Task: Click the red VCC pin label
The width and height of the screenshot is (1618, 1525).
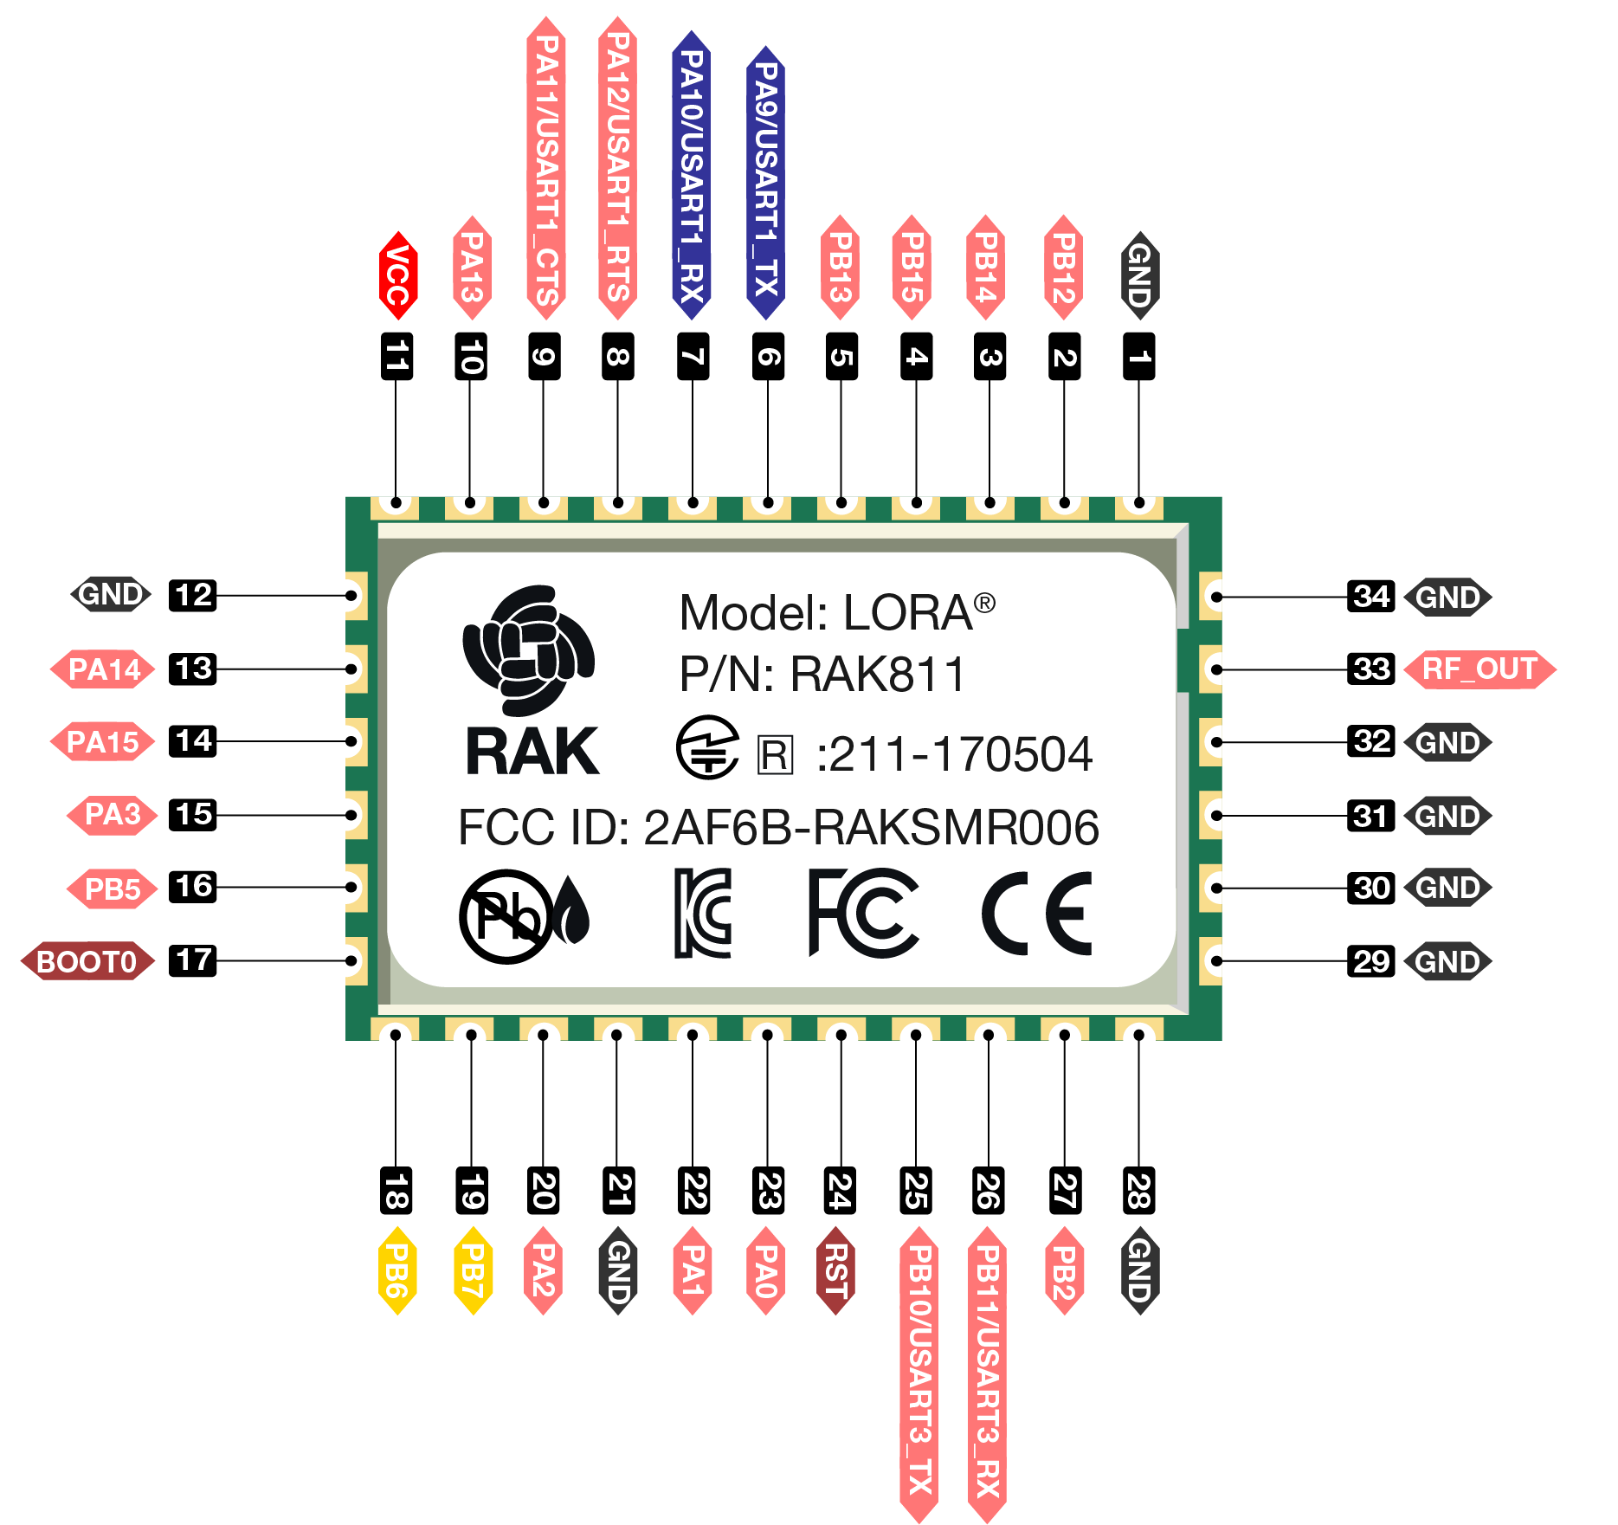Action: pos(398,275)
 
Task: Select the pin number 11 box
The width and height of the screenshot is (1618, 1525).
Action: pos(396,356)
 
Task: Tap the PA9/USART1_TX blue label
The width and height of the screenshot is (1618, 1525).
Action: pos(766,182)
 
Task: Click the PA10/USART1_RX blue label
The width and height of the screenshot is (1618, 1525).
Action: pos(692,173)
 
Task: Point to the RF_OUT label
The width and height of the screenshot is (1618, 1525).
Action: pos(1479,669)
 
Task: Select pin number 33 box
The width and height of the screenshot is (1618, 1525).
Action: pos(1371,669)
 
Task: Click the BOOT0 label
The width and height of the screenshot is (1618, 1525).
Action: pos(87,961)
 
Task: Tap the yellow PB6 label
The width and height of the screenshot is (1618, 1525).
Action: pos(397,1270)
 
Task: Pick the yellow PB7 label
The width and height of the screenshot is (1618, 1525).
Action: pos(473,1270)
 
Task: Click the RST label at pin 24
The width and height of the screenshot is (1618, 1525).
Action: pos(836,1270)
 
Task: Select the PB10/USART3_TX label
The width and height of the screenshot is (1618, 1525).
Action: pos(919,1373)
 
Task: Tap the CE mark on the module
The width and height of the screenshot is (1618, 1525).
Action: pos(1037,914)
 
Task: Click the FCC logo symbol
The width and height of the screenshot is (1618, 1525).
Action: pos(862,913)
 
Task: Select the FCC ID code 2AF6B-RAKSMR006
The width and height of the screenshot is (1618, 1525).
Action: pos(871,827)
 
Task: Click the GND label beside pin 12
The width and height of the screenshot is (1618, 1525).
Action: pos(111,594)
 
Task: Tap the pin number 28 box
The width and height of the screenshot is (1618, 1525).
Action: pos(1138,1191)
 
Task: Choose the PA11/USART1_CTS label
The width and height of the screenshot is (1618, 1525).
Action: pos(545,169)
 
